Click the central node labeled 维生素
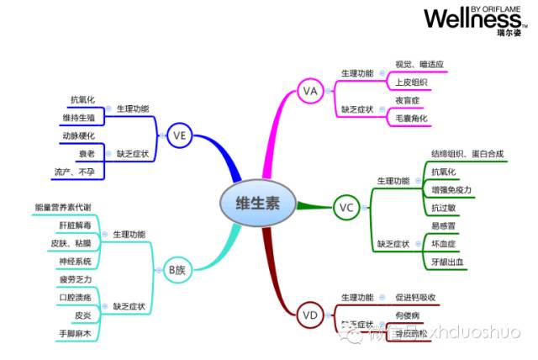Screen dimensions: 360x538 (x=258, y=203)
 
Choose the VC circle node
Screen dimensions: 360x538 (x=345, y=206)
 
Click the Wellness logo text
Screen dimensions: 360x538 (x=472, y=18)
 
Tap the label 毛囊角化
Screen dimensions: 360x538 (x=412, y=119)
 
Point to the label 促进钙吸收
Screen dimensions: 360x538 (x=415, y=298)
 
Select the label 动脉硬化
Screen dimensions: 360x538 (x=78, y=135)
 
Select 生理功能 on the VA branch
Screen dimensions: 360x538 (x=356, y=73)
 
